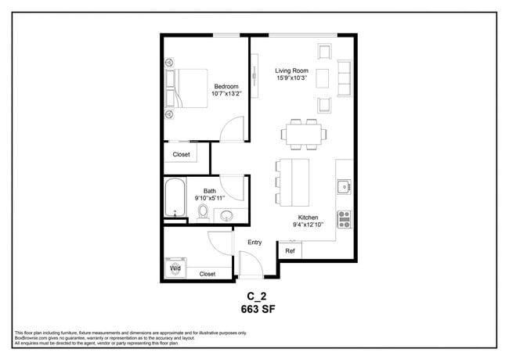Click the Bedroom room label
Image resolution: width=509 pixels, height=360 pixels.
[226, 86]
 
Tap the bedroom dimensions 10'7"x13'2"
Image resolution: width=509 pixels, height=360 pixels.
[226, 94]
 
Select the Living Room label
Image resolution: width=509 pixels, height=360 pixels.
[291, 70]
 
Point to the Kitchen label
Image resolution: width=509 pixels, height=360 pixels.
[308, 218]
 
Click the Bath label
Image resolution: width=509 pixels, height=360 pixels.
[210, 191]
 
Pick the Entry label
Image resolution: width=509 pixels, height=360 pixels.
[254, 243]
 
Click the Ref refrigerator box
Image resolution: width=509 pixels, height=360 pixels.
[289, 251]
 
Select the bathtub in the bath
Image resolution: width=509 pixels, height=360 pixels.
[174, 198]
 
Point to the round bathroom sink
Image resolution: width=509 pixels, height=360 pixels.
[227, 216]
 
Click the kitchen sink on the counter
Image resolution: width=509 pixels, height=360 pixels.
[343, 186]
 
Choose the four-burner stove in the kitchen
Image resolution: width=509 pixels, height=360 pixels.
[344, 219]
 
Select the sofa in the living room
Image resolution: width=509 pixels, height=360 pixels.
[344, 78]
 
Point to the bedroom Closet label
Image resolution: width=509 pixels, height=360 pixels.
[182, 154]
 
